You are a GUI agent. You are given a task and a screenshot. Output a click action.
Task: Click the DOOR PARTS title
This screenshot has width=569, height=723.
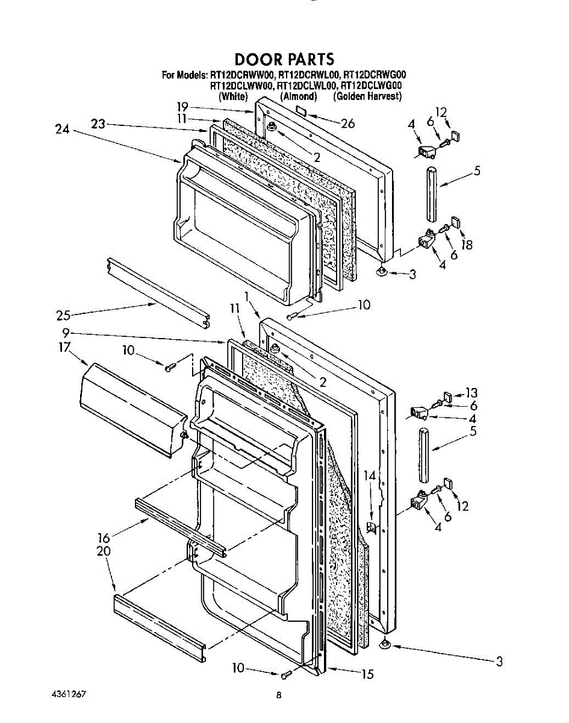tap(284, 60)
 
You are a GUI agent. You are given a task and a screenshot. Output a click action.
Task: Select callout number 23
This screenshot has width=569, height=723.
tap(99, 124)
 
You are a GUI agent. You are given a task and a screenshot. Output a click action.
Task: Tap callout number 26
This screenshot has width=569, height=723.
tap(347, 124)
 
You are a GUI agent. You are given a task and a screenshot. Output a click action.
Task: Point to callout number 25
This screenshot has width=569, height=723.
tap(64, 315)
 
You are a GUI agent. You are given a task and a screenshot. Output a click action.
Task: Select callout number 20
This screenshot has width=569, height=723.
tap(103, 551)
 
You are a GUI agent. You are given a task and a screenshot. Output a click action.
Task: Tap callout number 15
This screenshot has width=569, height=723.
tap(367, 674)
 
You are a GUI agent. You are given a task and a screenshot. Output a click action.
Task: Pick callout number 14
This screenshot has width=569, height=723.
tap(369, 476)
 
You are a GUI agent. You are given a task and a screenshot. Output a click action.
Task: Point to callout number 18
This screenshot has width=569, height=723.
tap(467, 245)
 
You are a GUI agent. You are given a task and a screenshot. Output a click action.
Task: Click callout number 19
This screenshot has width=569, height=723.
tap(183, 107)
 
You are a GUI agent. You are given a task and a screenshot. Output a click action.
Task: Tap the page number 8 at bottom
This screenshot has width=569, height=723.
tap(279, 695)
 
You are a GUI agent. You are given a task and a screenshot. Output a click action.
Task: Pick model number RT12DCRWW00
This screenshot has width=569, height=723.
tap(243, 75)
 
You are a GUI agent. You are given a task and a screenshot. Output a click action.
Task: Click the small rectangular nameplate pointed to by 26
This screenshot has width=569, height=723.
tap(300, 110)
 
